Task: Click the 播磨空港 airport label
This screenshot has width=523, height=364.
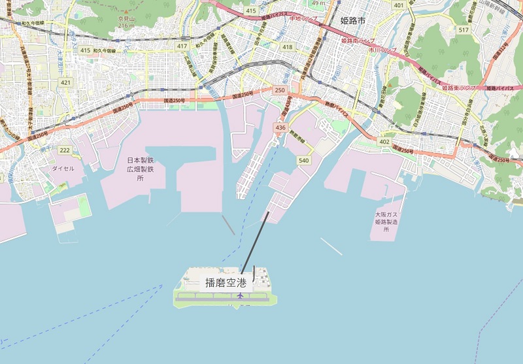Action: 226,283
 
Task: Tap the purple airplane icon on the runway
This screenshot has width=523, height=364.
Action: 241,296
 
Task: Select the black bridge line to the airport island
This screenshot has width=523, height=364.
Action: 255,242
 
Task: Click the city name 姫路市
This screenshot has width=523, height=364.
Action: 353,20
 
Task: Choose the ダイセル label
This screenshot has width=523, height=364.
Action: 63,168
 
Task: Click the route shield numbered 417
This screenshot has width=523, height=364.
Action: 182,45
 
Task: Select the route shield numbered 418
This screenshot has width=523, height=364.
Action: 287,46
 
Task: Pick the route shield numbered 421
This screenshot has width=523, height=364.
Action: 65,82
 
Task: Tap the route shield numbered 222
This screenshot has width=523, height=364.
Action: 65,150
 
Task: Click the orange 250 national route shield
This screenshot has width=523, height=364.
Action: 280,90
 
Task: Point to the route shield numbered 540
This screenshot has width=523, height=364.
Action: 303,159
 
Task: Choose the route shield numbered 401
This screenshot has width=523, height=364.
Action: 399,5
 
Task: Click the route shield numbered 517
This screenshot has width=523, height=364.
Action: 464,30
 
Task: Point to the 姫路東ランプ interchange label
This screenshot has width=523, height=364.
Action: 458,87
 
